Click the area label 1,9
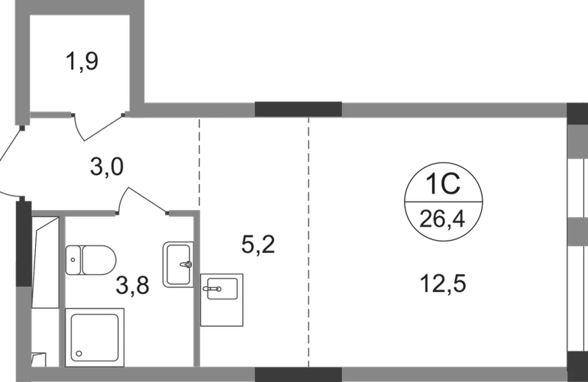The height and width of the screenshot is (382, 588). (x=82, y=61)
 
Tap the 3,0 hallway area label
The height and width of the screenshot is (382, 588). (x=107, y=167)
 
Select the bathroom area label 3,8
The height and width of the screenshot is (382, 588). (x=132, y=285)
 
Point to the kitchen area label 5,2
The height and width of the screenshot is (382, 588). (x=258, y=244)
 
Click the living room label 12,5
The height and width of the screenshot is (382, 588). (x=443, y=283)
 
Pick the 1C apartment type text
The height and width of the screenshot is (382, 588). (x=443, y=183)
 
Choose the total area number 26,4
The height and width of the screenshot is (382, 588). (x=442, y=219)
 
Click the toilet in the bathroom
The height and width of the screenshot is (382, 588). (x=91, y=260)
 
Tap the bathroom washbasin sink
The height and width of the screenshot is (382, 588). (x=178, y=264)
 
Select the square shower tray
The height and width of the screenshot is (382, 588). (x=95, y=338)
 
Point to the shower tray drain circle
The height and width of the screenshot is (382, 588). (x=79, y=354)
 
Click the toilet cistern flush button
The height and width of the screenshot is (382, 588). (x=73, y=260)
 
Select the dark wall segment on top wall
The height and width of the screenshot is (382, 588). (x=298, y=109)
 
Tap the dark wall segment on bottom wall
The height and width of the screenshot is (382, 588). (x=298, y=374)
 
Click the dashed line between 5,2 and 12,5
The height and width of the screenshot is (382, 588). (x=309, y=242)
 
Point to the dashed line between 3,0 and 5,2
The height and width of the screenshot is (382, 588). (x=199, y=164)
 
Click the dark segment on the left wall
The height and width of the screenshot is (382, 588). (x=24, y=244)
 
